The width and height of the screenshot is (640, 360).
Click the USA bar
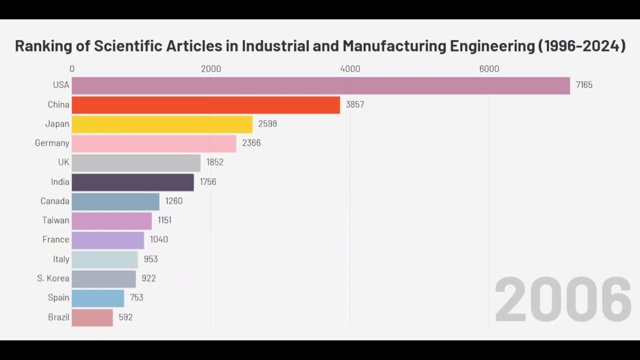(320, 85)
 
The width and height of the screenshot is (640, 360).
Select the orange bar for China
(205, 105)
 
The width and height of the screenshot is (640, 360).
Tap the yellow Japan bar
(162, 124)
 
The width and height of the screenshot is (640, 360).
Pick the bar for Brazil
(92, 317)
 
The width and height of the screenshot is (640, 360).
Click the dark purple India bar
(132, 182)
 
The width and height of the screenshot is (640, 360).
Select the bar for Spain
(97, 298)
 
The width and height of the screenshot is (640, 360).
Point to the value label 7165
(583, 85)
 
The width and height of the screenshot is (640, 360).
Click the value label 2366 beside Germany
(251, 143)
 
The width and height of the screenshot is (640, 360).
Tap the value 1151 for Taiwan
(164, 220)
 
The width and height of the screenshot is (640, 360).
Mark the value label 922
(148, 278)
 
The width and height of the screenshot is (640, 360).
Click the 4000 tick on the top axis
(350, 69)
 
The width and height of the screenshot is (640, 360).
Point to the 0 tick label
(72, 69)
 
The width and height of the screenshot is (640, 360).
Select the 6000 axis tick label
(489, 69)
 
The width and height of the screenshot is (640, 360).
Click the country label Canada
(55, 201)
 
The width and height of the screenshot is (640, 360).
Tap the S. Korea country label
(53, 278)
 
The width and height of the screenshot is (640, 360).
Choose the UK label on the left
(63, 162)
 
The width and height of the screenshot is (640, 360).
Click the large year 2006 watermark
(563, 300)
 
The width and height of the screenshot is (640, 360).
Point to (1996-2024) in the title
(581, 46)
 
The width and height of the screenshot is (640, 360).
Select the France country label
(55, 239)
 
